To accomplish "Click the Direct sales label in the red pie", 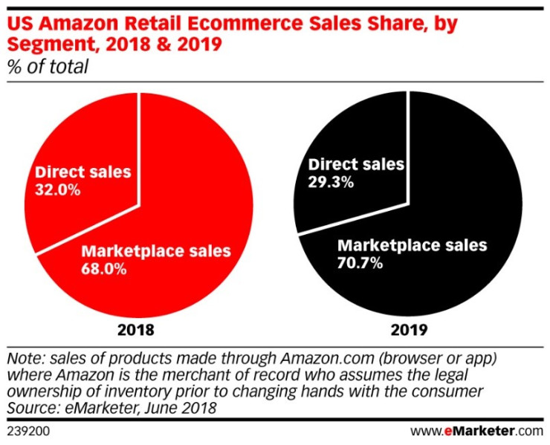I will [83, 172].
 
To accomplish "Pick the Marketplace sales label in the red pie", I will [155, 250].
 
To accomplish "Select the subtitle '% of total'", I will [47, 67].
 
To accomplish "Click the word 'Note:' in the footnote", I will [25, 356].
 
